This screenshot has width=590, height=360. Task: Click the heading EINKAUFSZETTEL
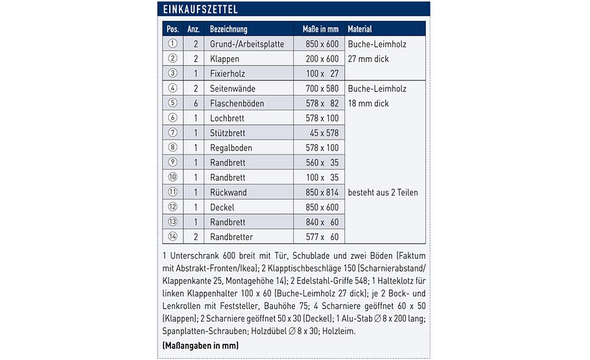(x=200, y=10)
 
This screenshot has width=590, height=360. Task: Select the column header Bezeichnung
(x=228, y=29)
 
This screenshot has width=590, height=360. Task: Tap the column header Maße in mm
(x=320, y=29)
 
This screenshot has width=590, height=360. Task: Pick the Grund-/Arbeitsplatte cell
(x=247, y=44)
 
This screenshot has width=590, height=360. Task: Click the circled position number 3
(x=172, y=73)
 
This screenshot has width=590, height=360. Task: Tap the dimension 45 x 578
(x=323, y=133)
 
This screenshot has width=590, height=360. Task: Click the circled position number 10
(x=172, y=177)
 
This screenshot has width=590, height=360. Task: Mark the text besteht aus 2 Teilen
(x=383, y=192)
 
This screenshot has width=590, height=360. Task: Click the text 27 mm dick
(x=368, y=58)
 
